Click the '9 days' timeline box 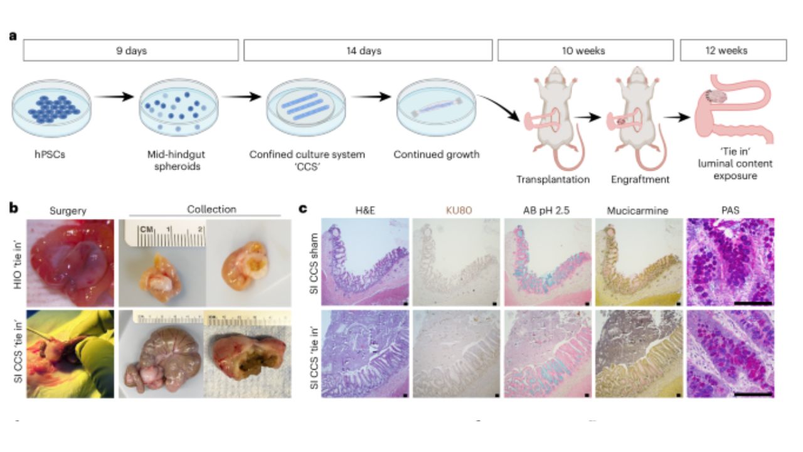tap(131, 50)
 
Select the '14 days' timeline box tap(368, 50)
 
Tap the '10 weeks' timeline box tap(585, 50)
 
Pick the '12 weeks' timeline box tap(733, 50)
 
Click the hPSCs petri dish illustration tap(51, 108)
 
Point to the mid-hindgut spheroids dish tap(179, 108)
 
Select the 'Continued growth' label tap(436, 154)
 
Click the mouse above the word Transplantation tap(554, 119)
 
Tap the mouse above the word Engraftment tap(636, 119)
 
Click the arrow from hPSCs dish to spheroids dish tap(114, 97)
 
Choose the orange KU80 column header tap(459, 210)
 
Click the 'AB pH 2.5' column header tap(546, 210)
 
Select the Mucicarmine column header tap(637, 210)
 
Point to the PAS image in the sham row tap(731, 262)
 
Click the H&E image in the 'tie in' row tap(365, 354)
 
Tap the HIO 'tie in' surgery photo tap(70, 263)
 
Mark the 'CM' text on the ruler tap(147, 229)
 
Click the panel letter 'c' tap(303, 209)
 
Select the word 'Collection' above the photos tap(211, 210)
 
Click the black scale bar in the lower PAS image tap(753, 395)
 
